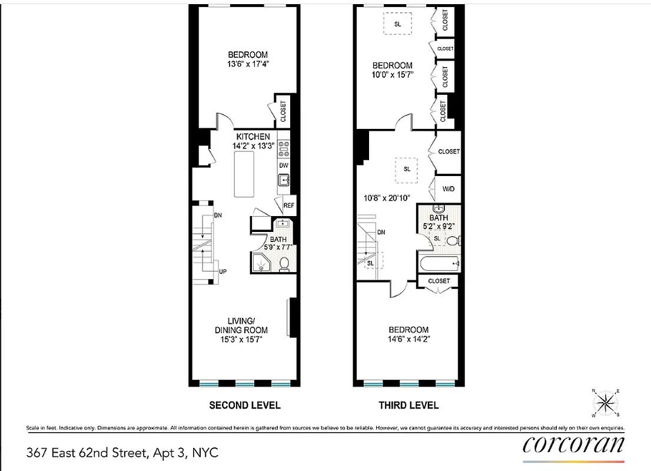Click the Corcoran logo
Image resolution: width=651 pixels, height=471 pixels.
[x=573, y=445]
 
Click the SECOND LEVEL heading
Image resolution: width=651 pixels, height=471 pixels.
[x=245, y=405]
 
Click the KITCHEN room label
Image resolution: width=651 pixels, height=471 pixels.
[x=253, y=137]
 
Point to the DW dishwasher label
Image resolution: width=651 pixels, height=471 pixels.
[x=284, y=166]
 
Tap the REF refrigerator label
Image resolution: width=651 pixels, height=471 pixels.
[x=288, y=205]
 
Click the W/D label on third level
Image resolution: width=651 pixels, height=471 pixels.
[x=449, y=189]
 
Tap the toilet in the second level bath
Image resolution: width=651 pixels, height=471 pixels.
[x=284, y=264]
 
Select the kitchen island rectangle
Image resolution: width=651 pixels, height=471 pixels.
[x=244, y=174]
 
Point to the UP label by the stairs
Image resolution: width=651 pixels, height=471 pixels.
[x=223, y=271]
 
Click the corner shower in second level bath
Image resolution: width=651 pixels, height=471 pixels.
[x=260, y=263]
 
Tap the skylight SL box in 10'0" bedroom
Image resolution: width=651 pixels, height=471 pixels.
[x=397, y=24]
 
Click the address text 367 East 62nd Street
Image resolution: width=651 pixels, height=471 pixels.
[x=122, y=453]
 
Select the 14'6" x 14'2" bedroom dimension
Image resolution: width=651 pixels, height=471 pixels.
[x=408, y=339]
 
